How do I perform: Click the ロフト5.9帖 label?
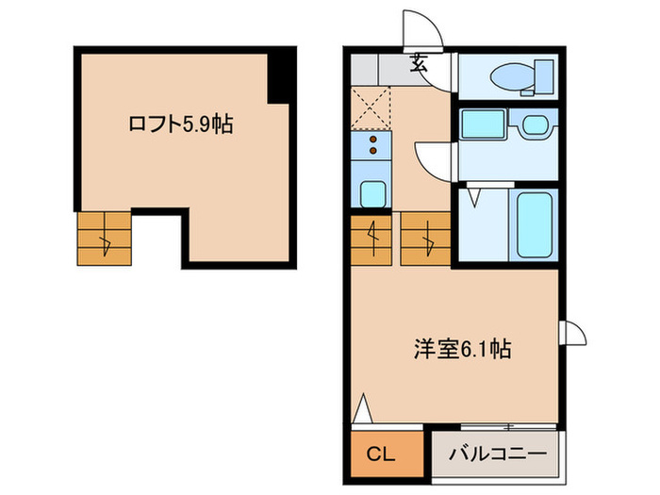point(180,124)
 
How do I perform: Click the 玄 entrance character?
point(418,65)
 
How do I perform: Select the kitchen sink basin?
point(373,191)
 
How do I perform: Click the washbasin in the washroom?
point(536,125)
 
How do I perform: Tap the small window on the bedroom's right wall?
point(573,336)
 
